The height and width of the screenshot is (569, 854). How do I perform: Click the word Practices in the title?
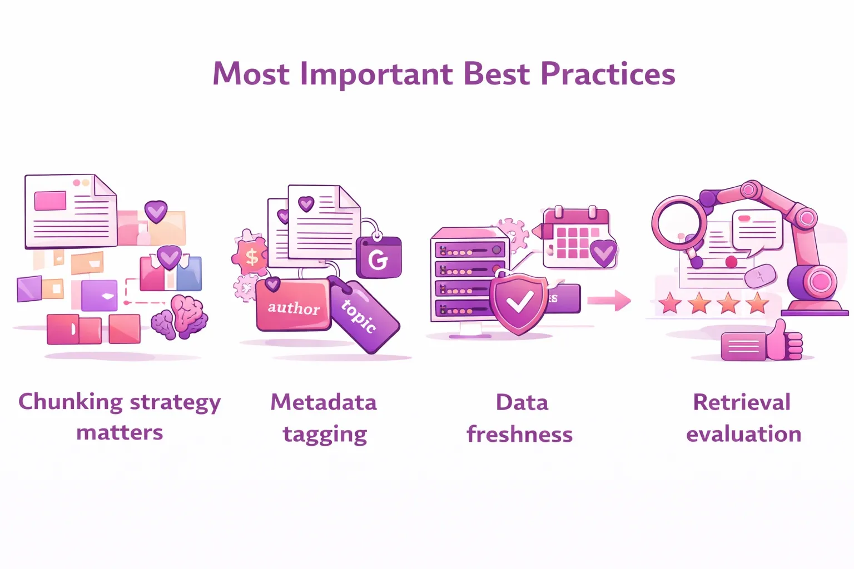[x=608, y=73]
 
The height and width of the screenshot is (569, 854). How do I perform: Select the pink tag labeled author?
[x=293, y=305]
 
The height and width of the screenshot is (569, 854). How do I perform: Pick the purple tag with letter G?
[x=379, y=257]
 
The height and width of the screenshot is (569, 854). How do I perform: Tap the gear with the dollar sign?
[x=251, y=256]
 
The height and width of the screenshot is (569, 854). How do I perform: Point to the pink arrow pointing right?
[x=609, y=301]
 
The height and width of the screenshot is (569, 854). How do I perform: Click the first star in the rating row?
[x=670, y=303]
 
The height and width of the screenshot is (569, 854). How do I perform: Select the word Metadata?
[x=324, y=402]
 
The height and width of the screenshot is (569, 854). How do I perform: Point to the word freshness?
[x=520, y=434]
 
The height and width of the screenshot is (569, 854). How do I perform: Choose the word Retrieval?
[x=742, y=402]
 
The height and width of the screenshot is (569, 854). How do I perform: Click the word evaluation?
[x=744, y=434]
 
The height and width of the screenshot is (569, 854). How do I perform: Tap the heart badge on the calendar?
[x=603, y=253]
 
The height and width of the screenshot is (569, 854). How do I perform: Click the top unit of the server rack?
[x=470, y=251]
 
